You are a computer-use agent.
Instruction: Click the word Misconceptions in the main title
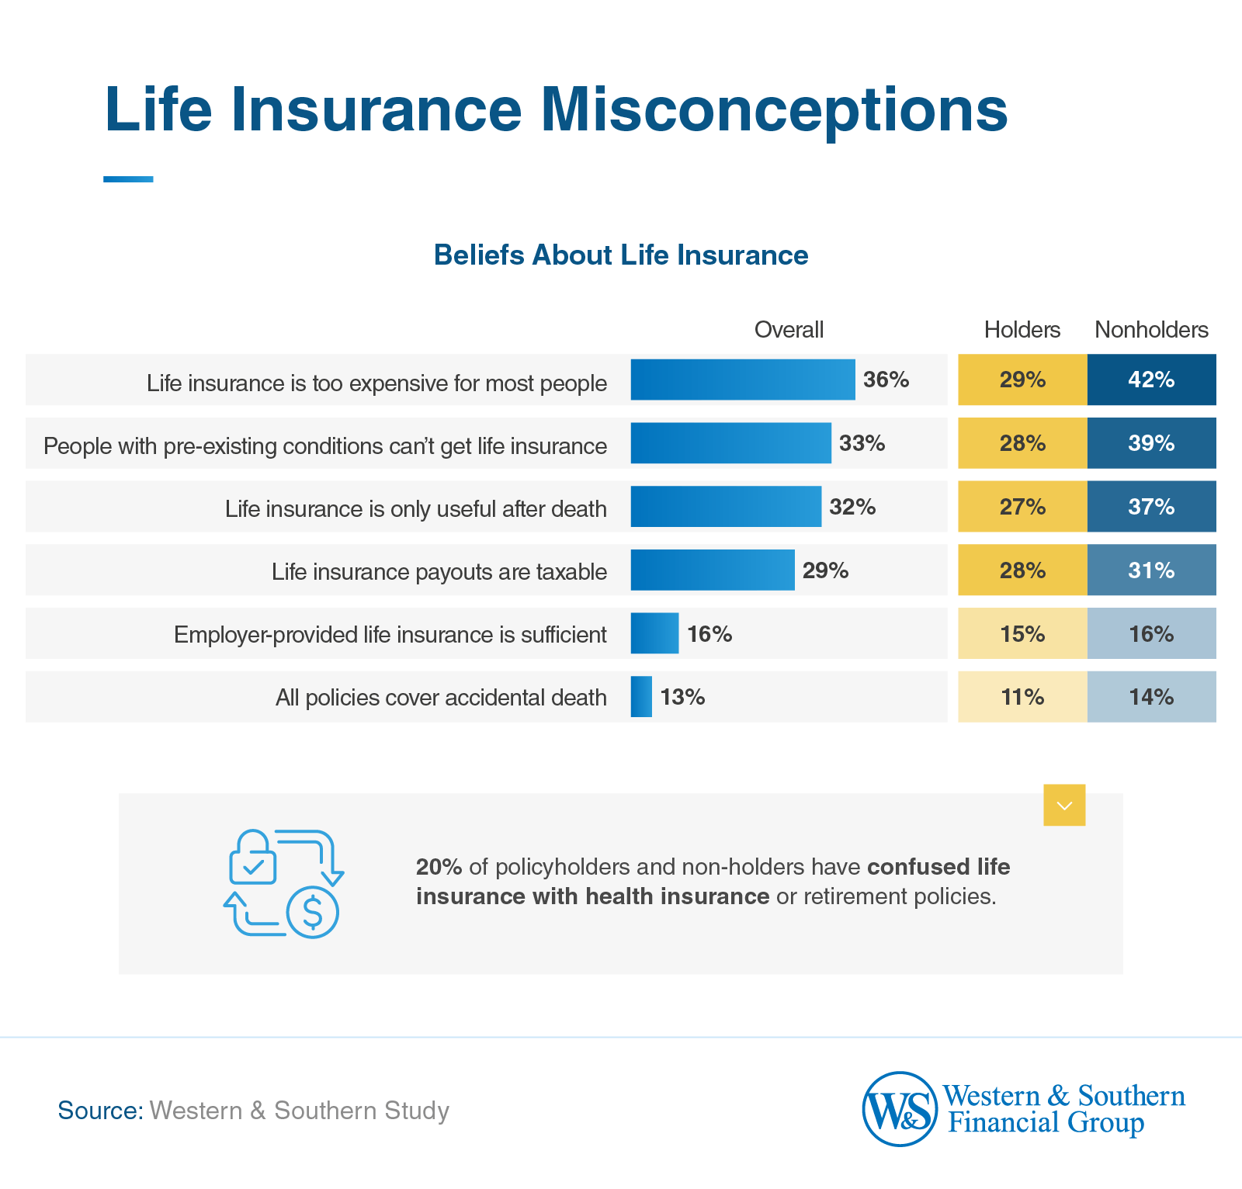[x=774, y=110]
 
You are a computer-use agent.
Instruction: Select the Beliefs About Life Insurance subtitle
[x=621, y=255]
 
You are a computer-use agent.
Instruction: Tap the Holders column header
[x=1022, y=330]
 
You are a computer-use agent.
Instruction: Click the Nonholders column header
[x=1151, y=330]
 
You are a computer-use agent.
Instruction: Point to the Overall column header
[x=789, y=330]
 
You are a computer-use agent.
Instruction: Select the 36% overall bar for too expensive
[x=742, y=380]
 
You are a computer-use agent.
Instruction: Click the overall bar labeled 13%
[x=641, y=697]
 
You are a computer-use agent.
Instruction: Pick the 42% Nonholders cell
[x=1151, y=380]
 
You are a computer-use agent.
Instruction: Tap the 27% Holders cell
[x=1022, y=507]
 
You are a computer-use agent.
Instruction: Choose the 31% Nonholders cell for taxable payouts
[x=1151, y=570]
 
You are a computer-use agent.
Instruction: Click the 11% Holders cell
[x=1022, y=697]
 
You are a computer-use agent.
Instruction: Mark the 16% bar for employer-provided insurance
[x=654, y=633]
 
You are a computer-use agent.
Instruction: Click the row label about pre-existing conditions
[x=325, y=446]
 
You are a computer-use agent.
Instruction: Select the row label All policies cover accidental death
[x=441, y=698]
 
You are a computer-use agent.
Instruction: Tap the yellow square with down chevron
[x=1064, y=806]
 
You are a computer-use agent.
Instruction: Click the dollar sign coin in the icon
[x=312, y=913]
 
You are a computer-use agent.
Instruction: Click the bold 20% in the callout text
[x=439, y=867]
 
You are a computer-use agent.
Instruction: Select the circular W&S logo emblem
[x=900, y=1109]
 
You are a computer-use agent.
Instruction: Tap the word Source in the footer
[x=100, y=1111]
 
